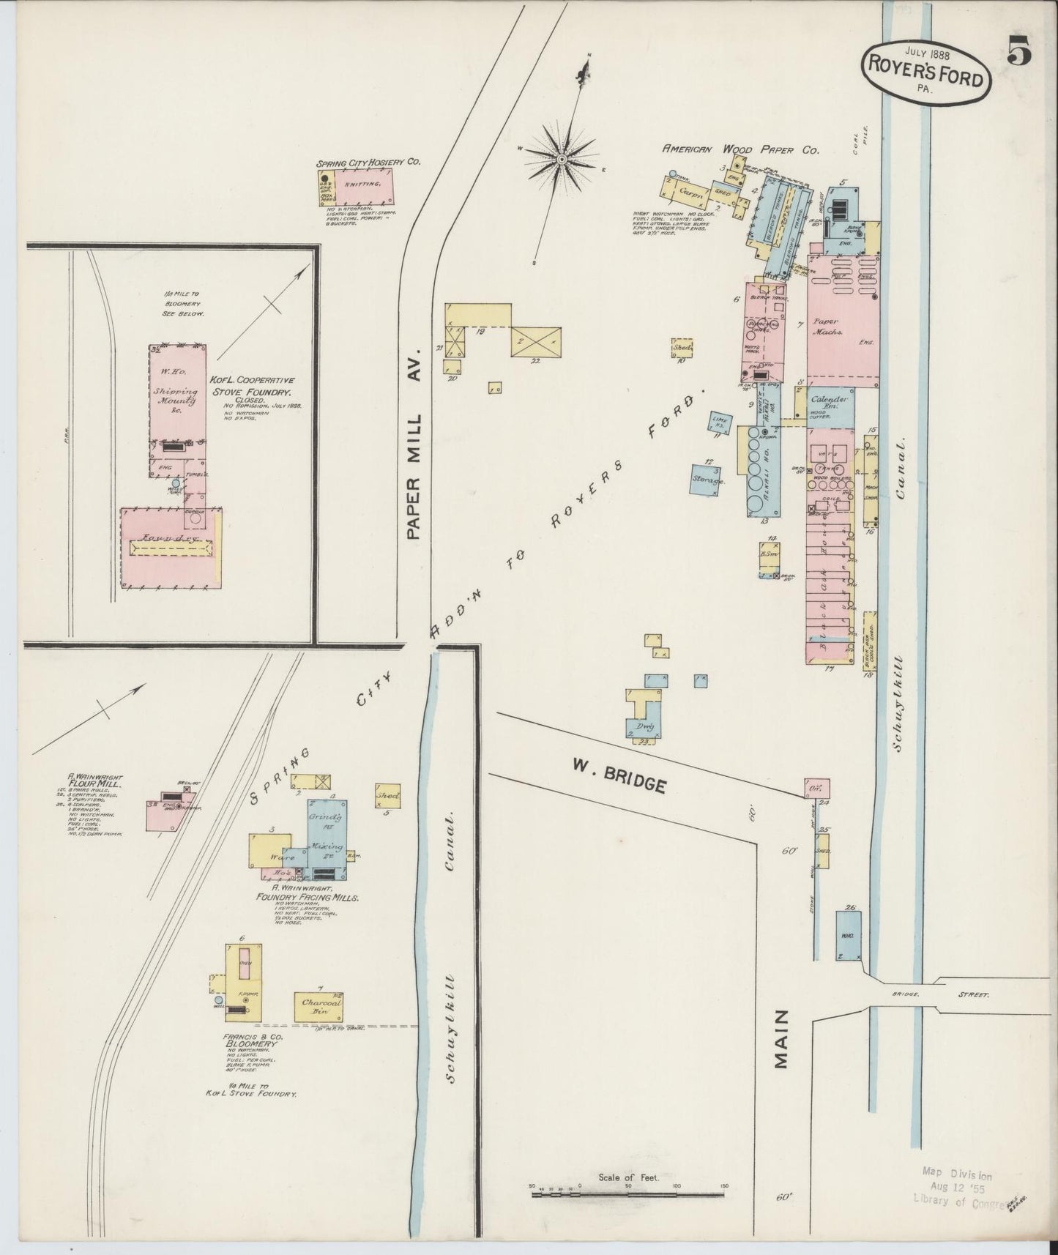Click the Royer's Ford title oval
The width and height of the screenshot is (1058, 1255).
click(926, 75)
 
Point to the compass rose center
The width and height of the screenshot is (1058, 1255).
click(562, 158)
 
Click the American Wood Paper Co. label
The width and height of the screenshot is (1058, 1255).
click(740, 149)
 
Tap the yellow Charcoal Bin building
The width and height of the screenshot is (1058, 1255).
click(319, 1008)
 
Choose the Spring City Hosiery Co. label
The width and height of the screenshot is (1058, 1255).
click(368, 163)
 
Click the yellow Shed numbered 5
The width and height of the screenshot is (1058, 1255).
click(387, 795)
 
